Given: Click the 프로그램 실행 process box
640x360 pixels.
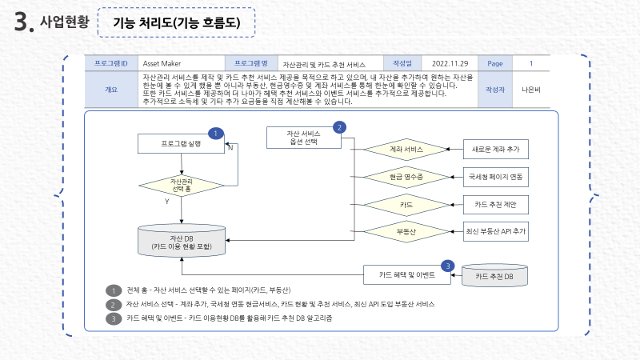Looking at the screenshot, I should pos(181,144).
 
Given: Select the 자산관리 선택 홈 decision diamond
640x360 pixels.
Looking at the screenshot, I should pos(182,185).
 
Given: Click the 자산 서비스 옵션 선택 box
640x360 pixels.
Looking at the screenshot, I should pos(303,137).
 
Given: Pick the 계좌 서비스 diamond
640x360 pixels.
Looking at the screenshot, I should pos(406,150).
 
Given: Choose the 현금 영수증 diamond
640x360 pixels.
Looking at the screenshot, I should pos(406,176).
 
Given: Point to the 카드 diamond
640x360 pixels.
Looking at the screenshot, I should pos(406,204).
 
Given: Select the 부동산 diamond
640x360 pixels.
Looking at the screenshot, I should pos(406,231).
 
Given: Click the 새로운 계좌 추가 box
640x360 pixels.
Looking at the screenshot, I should pos(496,150).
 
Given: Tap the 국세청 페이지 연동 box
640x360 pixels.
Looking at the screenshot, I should pos(496,176).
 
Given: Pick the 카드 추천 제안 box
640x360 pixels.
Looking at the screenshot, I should pos(496,204).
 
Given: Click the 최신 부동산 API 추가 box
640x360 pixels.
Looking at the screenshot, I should pos(496,231).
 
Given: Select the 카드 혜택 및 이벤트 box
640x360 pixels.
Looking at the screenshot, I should pos(406,274).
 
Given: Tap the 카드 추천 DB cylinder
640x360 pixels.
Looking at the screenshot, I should pos(495,276).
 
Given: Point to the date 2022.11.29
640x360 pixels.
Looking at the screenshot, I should pos(449,62).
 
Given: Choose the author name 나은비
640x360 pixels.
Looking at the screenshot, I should pos(530,89).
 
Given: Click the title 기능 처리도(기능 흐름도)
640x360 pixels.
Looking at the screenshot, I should pos(177,23).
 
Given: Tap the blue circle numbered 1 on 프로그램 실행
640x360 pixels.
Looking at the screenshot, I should pos(214,134).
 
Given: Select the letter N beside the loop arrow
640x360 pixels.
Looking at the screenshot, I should pos(230,148).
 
